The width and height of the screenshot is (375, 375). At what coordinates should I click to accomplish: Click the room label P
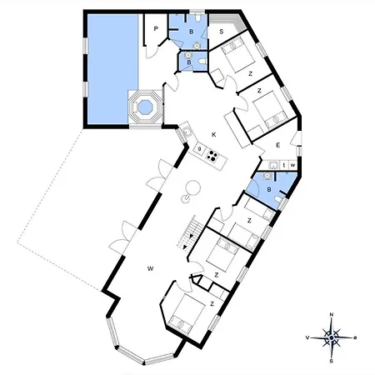[156, 28]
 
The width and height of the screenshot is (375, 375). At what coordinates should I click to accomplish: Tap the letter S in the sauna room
[222, 32]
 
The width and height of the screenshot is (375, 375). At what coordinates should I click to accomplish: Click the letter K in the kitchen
[213, 135]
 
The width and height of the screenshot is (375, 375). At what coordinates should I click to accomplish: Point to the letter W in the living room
[150, 268]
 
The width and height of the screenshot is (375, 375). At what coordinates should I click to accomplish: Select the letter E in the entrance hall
[277, 145]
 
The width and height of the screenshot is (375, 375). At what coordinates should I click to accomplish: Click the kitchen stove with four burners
[212, 156]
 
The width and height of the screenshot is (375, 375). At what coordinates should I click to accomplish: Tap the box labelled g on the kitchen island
[199, 149]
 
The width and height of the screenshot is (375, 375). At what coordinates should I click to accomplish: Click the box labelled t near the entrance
[284, 165]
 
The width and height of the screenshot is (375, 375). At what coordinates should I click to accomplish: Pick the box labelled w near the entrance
[292, 165]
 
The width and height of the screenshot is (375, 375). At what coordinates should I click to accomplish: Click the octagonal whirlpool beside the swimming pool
[144, 107]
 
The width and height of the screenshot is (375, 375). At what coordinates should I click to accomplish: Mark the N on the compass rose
[332, 314]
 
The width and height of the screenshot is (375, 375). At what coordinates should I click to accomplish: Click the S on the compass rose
[331, 362]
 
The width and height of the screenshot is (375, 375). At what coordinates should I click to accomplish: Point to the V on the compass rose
[307, 337]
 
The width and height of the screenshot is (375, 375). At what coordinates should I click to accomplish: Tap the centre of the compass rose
[332, 337]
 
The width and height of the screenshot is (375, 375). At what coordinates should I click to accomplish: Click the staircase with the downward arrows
[191, 232]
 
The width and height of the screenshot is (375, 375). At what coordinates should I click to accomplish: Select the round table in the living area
[192, 187]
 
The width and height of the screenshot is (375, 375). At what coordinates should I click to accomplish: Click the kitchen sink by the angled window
[186, 132]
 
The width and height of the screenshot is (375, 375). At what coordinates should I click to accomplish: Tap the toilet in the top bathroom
[197, 17]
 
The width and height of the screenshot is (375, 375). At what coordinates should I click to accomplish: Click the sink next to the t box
[274, 165]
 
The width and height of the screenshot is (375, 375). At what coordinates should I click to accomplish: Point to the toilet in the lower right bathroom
[278, 200]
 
